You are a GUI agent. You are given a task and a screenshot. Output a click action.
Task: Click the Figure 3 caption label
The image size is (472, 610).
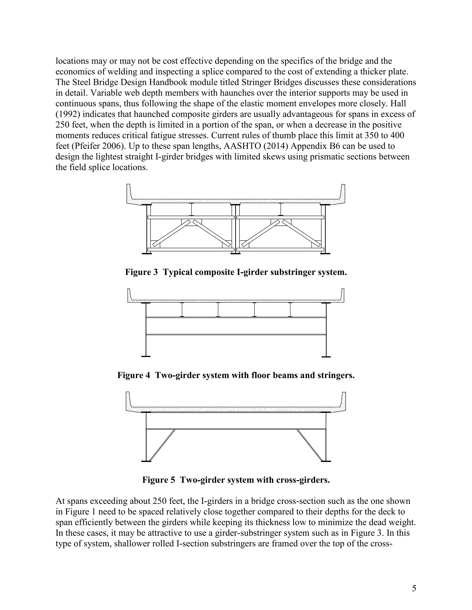(141, 272)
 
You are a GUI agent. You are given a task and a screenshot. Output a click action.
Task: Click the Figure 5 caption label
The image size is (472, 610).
(159, 480)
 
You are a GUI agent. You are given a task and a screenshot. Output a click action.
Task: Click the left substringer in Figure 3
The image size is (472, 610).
(191, 209)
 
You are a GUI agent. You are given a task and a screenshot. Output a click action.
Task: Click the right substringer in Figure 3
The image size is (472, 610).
(281, 209)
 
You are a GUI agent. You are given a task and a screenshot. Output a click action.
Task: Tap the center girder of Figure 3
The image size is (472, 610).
(236, 229)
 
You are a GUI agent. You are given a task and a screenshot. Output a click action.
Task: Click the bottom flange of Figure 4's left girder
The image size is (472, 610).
(146, 356)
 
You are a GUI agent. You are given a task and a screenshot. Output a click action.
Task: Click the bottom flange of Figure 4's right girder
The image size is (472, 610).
(326, 357)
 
